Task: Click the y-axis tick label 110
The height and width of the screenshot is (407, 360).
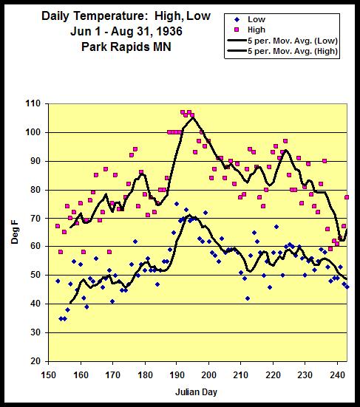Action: click(33, 104)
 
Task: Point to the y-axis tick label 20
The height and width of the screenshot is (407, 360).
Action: click(35, 361)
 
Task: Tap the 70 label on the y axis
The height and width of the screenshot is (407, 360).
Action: click(35, 219)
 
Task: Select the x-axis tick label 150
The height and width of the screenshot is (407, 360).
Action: click(49, 375)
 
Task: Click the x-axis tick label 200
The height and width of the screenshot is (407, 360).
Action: click(209, 375)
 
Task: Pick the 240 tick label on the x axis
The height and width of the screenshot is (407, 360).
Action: click(337, 375)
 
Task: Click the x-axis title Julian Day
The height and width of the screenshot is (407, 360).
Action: click(196, 392)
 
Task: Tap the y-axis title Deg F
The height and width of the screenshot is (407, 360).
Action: click(15, 236)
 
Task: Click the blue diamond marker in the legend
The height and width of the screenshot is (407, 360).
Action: click(237, 19)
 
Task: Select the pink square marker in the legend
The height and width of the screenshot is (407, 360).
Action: click(237, 30)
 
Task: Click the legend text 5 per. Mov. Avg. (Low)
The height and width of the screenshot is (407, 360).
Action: click(293, 41)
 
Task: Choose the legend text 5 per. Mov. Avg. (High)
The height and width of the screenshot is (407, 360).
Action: click(293, 51)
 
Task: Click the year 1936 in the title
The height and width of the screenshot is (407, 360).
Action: click(169, 32)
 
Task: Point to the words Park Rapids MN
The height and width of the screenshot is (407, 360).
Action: click(126, 47)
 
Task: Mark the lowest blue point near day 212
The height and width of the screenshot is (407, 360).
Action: click(248, 298)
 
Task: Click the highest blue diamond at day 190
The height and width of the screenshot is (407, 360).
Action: click(177, 204)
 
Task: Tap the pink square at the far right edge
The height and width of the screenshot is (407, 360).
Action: click(347, 197)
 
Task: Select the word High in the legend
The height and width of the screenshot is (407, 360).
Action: click(257, 30)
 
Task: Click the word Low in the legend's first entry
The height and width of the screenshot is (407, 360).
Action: click(257, 19)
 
